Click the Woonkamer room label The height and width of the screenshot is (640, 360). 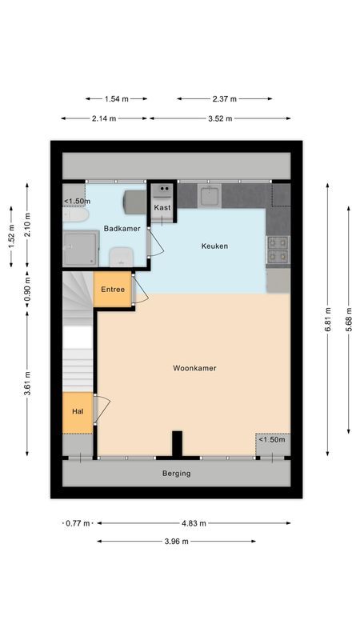(x=194, y=368)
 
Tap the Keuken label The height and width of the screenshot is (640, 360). (x=214, y=246)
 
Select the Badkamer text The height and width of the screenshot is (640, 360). (x=122, y=228)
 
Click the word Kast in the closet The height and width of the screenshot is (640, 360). (x=162, y=207)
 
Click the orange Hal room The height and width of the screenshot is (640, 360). (x=78, y=411)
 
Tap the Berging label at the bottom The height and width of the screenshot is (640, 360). (x=177, y=473)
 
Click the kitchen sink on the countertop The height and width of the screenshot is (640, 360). (x=210, y=194)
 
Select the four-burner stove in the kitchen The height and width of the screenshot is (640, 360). (x=278, y=250)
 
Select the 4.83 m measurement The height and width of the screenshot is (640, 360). (x=192, y=523)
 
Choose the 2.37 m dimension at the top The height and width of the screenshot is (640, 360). (x=224, y=99)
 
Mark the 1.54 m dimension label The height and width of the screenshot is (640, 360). (x=116, y=99)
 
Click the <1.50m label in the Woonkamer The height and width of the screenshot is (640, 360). (x=271, y=439)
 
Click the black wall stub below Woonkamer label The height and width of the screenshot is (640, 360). (x=177, y=443)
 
